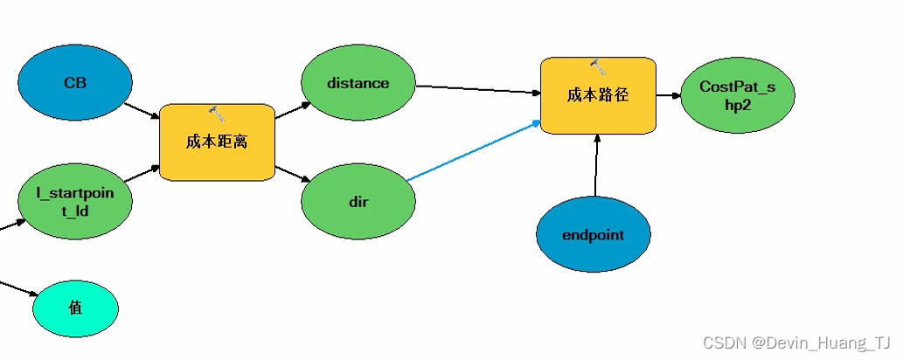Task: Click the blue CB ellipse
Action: [75, 83]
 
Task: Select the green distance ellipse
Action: [358, 84]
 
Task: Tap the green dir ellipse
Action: [358, 202]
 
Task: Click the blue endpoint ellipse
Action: [593, 234]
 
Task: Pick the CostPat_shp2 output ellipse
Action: [737, 95]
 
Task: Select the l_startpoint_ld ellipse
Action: [75, 200]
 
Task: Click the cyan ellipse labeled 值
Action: [75, 308]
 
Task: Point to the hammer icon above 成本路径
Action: [598, 66]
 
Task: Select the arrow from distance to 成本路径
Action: [476, 89]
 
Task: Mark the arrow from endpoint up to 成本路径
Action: [596, 166]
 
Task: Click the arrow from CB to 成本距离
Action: [142, 111]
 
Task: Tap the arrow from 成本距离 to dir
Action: [293, 175]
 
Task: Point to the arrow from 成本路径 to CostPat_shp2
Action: [669, 95]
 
